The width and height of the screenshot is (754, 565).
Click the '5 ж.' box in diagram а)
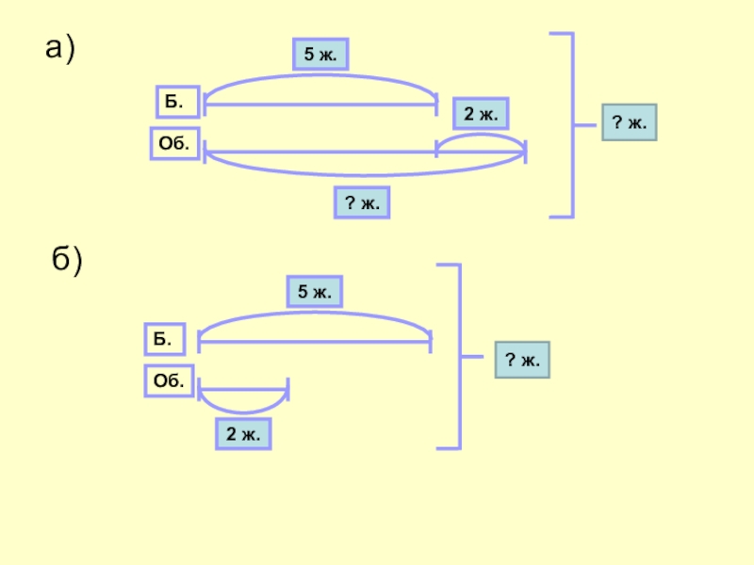pyautogui.click(x=320, y=56)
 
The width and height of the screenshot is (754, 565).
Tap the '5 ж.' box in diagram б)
pyautogui.click(x=315, y=292)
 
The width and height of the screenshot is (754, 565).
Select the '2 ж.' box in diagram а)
pyautogui.click(x=481, y=114)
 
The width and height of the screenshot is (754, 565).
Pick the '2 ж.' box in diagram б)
pyautogui.click(x=243, y=433)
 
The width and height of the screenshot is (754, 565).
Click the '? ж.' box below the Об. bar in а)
pyautogui.click(x=362, y=202)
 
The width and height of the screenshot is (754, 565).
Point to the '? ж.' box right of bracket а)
pyautogui.click(x=629, y=123)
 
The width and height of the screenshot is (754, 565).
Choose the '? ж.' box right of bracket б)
pyautogui.click(x=522, y=360)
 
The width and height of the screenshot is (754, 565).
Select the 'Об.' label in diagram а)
pyautogui.click(x=175, y=144)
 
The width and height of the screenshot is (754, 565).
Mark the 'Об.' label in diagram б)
pyautogui.click(x=169, y=380)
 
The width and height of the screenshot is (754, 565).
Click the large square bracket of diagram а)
pyautogui.click(x=569, y=124)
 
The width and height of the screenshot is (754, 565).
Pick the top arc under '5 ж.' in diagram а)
pyautogui.click(x=320, y=78)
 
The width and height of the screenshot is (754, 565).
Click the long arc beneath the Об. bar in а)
pyautogui.click(x=364, y=172)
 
